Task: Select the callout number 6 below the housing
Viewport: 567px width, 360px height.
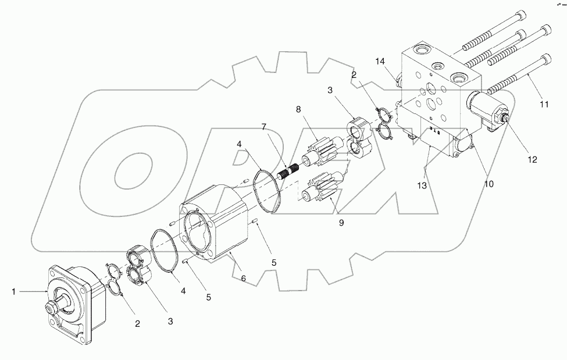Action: coord(243,279)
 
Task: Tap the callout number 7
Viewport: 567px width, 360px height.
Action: coord(263,127)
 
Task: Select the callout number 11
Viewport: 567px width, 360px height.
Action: coord(544,105)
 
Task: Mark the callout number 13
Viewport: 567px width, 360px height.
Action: coord(422,186)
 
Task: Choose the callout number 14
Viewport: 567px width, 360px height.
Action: coord(380,61)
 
